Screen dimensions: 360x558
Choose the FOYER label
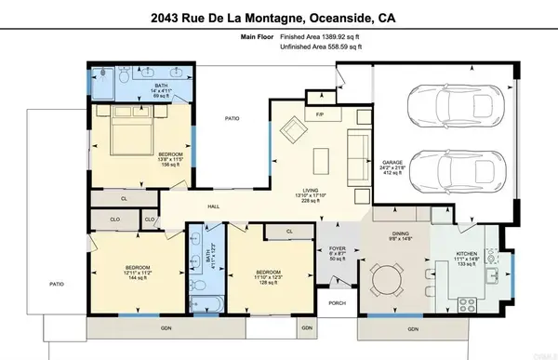point(337,248)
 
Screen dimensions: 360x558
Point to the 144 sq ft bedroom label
point(138,272)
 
